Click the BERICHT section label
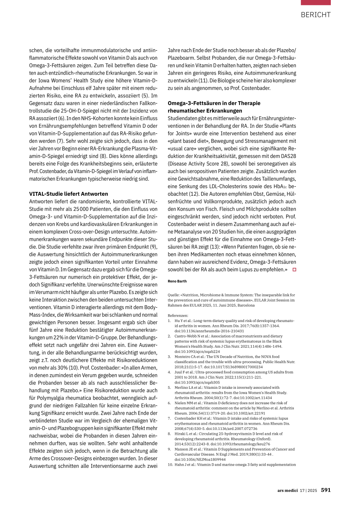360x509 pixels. pyautogui.click(x=315, y=15)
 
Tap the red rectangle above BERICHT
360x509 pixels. pyautogui.click(x=315, y=2)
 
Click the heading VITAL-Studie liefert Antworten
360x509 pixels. pyautogui.click(x=69, y=194)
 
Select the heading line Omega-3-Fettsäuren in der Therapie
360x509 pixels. pyautogui.click(x=214, y=103)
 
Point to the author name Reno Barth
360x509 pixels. pyautogui.click(x=177, y=281)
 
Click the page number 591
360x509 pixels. pyautogui.click(x=326, y=490)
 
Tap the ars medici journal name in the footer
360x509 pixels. pyautogui.click(x=287, y=490)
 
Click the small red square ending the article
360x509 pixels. pyautogui.click(x=294, y=270)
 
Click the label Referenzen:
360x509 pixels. pyautogui.click(x=178, y=315)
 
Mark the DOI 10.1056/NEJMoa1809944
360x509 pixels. pyautogui.click(x=200, y=459)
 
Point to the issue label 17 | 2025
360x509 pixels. pyautogui.click(x=308, y=490)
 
